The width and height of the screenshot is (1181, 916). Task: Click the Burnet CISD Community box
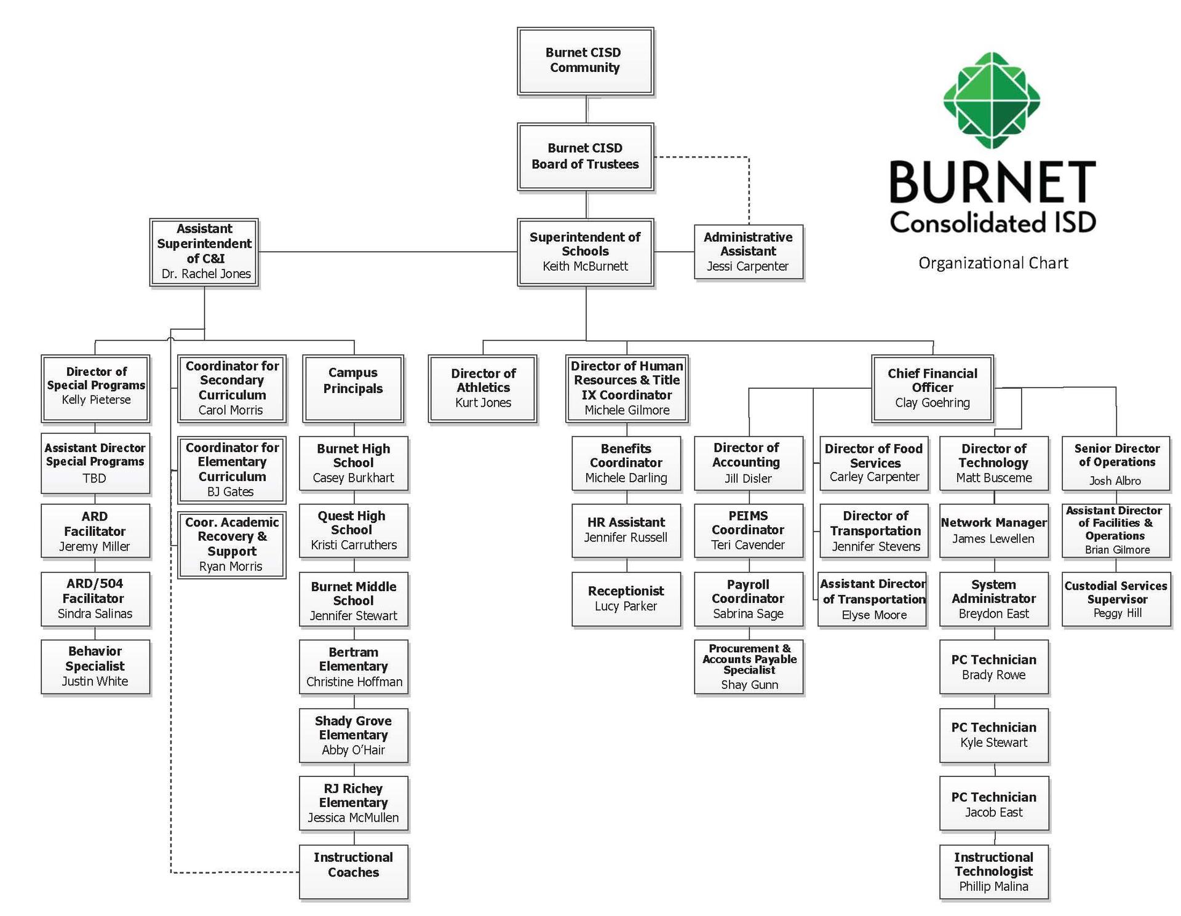pyautogui.click(x=584, y=61)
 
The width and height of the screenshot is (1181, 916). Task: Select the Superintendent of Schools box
pyautogui.click(x=585, y=252)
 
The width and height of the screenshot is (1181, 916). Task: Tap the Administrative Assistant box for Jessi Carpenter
pyautogui.click(x=748, y=252)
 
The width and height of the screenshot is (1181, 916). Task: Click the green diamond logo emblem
pyautogui.click(x=992, y=100)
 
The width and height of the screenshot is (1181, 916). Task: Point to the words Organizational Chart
pyautogui.click(x=993, y=263)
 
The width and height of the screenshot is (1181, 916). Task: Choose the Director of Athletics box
pyautogui.click(x=483, y=388)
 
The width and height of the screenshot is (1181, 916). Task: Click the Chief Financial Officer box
pyautogui.click(x=932, y=388)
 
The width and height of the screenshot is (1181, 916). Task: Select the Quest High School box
pyautogui.click(x=354, y=530)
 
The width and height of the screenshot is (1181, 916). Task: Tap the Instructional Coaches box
pyautogui.click(x=354, y=871)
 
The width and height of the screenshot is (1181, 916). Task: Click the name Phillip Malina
pyautogui.click(x=993, y=886)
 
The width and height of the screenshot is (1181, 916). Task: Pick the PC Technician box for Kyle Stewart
pyautogui.click(x=993, y=735)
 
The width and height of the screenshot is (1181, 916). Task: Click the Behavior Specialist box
pyautogui.click(x=95, y=666)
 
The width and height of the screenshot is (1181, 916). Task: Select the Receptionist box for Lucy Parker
pyautogui.click(x=626, y=599)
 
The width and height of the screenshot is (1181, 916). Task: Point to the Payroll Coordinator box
pyautogui.click(x=748, y=599)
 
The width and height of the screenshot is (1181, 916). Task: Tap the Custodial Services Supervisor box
pyautogui.click(x=1116, y=599)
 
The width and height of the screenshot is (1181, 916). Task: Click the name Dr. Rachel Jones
pyautogui.click(x=206, y=274)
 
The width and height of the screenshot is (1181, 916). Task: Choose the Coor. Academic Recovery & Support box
pyautogui.click(x=232, y=544)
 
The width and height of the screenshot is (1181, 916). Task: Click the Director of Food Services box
pyautogui.click(x=873, y=463)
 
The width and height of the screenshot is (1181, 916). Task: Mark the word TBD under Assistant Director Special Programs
pyautogui.click(x=94, y=479)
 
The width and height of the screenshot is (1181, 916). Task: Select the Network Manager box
pyautogui.click(x=993, y=530)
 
